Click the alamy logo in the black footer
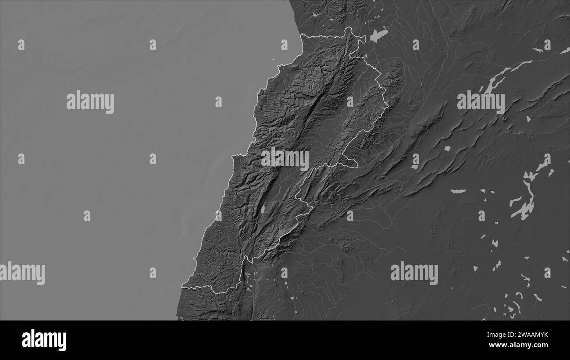44,340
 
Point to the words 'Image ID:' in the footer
496,335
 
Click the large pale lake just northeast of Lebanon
379,35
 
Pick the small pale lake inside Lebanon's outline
263,210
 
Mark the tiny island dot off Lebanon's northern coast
273,59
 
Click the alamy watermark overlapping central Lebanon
285,159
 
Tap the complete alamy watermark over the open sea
90,102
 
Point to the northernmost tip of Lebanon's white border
349,28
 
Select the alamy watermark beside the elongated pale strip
481,102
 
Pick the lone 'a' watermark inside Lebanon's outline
350,102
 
